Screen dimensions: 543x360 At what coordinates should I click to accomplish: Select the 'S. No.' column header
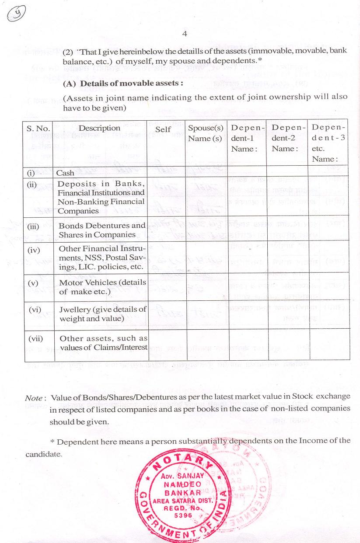click(38, 129)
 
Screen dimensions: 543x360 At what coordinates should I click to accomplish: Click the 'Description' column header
click(99, 128)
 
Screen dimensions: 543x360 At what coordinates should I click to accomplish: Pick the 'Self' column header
click(163, 129)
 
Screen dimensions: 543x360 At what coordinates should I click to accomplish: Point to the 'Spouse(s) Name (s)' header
click(206, 133)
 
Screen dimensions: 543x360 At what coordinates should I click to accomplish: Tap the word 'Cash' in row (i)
click(65, 173)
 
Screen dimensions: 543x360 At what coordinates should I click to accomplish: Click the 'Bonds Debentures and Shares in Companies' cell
click(101, 230)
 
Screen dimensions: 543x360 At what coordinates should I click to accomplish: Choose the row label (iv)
click(34, 251)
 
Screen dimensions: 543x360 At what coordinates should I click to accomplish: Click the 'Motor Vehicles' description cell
click(102, 287)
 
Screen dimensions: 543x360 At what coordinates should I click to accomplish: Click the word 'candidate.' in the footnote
click(44, 454)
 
